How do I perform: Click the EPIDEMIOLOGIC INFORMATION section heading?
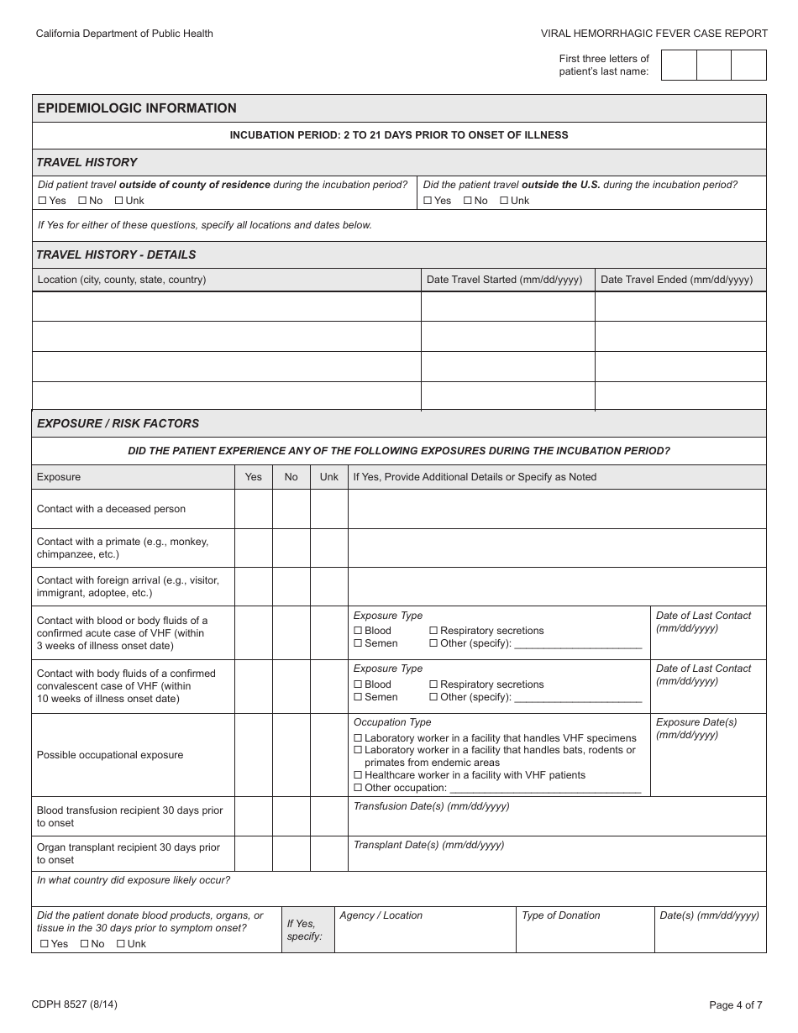[x=137, y=108]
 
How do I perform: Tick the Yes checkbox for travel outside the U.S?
[x=428, y=201]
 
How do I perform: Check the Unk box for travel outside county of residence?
[x=119, y=201]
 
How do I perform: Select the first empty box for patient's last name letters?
[x=679, y=65]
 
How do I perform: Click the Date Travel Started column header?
[x=504, y=280]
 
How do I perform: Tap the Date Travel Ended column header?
[x=676, y=280]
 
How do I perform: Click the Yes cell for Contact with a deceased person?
[x=253, y=509]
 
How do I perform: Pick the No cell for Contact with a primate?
[x=291, y=548]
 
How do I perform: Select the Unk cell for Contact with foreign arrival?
[x=328, y=586]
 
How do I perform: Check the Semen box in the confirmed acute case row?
[x=358, y=643]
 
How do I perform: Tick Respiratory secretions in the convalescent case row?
[x=433, y=684]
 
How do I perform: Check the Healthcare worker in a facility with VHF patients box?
[x=358, y=775]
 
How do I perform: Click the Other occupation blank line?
[x=546, y=789]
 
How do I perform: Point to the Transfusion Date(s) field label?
[x=431, y=806]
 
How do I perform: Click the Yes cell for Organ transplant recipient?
[x=253, y=853]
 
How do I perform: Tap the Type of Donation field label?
[x=561, y=915]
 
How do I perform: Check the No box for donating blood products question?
[x=85, y=944]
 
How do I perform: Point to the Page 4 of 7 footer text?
[x=736, y=1004]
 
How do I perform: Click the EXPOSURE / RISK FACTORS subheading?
[x=118, y=423]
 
